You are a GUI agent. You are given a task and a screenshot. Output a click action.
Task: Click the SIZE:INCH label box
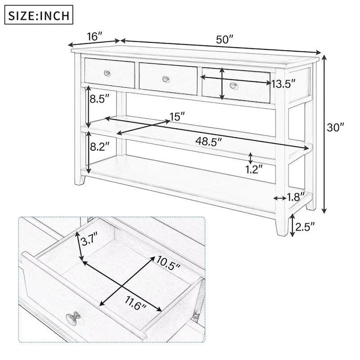coord(39,16)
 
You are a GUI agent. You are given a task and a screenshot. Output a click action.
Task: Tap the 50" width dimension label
coord(225,39)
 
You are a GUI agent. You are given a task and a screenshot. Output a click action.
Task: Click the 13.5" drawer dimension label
coord(283,84)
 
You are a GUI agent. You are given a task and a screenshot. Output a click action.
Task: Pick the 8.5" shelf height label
coord(99,99)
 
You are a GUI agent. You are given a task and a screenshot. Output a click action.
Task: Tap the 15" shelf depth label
coord(178,117)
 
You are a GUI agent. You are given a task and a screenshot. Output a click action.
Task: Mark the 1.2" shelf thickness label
coord(254,169)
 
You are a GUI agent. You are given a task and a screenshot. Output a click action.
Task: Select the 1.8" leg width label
coord(296,196)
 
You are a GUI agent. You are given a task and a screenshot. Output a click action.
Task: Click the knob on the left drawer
coord(108,73)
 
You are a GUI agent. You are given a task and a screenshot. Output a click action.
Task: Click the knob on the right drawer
coord(233,85)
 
